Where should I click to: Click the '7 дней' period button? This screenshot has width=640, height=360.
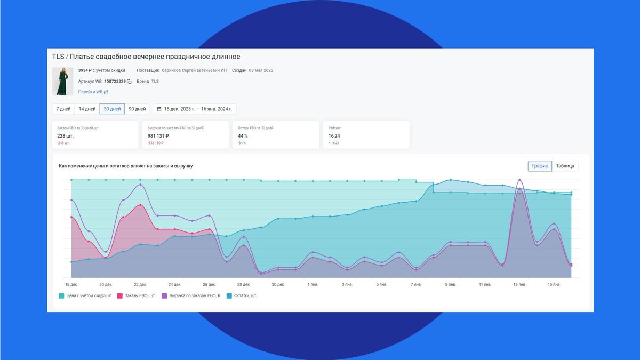[63, 109]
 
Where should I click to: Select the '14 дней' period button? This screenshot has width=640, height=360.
[87, 109]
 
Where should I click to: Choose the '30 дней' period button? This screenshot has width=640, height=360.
[112, 109]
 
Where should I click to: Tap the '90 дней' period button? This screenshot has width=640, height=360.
[137, 109]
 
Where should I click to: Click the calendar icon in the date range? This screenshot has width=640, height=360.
[159, 109]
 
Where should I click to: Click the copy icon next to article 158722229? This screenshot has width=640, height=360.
[129, 82]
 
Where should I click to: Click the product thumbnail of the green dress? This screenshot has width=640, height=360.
[62, 81]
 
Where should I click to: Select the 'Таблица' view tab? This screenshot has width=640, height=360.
[565, 166]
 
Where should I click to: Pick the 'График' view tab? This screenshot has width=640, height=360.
[540, 166]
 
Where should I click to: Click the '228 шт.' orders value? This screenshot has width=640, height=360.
[66, 136]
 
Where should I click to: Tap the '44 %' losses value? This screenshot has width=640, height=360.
[244, 136]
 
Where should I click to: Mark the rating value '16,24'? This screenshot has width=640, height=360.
[334, 136]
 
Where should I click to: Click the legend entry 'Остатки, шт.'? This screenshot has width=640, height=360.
[244, 295]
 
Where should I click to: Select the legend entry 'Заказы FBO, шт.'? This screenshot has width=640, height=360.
[138, 295]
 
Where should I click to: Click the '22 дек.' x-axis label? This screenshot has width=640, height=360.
[140, 284]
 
